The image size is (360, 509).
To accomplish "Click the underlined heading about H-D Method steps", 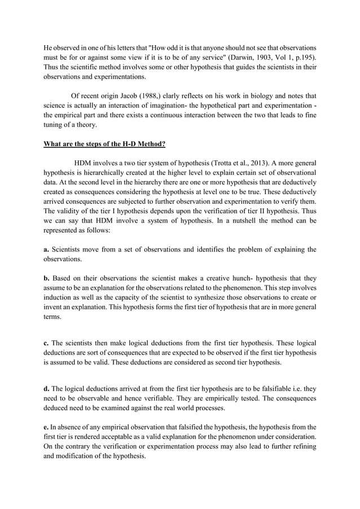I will point(104,143).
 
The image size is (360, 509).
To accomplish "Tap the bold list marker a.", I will point(47,249).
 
